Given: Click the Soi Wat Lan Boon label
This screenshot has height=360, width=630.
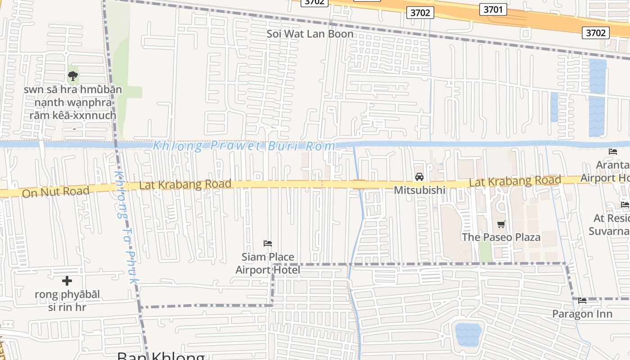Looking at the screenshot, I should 310,34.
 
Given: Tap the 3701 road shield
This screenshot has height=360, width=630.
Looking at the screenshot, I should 493,9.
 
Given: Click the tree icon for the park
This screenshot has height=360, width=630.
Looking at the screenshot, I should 73,76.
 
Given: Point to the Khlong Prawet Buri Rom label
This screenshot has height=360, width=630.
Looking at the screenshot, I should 244,146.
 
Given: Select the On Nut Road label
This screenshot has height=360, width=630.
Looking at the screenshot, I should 56,192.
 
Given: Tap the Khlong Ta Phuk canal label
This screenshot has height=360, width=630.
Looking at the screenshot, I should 126,227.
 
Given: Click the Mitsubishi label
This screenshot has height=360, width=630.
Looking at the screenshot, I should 419,190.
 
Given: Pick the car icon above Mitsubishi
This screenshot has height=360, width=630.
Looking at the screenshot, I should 419,177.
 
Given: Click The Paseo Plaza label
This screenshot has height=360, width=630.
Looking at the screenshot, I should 501,237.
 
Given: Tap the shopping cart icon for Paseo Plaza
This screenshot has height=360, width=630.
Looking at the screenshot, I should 501,224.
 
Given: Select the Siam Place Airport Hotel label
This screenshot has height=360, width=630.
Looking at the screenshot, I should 268,263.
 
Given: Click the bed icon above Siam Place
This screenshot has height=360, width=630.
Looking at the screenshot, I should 268,243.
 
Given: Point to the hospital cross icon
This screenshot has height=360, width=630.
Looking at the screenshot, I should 67,281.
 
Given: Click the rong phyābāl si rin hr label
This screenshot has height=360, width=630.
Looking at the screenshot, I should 67,301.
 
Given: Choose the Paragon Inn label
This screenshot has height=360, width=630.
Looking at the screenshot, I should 582,314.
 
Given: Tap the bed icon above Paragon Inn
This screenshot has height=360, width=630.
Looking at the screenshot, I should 582,301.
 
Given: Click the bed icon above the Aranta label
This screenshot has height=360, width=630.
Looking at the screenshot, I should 613,152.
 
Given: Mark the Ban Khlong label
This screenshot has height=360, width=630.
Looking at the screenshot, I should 161,356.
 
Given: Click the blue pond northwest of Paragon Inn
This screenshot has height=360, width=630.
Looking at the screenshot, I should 468,334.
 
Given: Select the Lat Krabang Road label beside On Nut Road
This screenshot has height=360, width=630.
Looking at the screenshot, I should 185,184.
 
